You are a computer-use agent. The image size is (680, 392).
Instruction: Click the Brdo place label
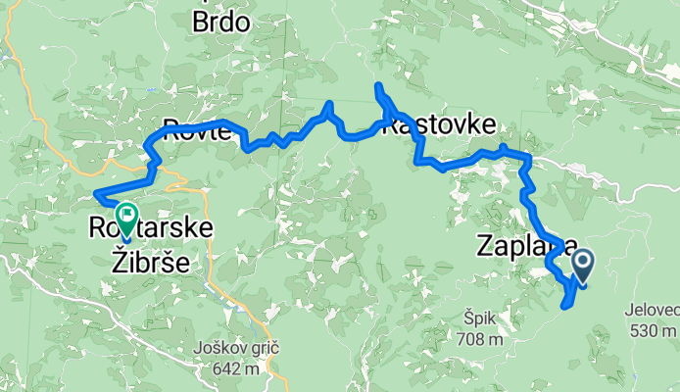pos(220,21)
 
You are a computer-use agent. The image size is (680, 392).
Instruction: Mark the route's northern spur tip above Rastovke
pos(377,87)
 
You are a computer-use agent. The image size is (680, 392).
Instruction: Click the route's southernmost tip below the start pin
pos(564,307)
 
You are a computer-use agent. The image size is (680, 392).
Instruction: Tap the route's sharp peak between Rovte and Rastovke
pos(329,103)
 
